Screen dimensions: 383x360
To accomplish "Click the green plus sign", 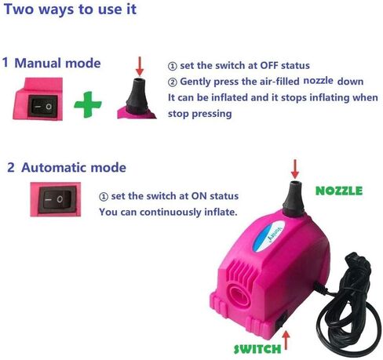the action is pos(88,104).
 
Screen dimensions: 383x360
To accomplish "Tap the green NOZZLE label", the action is pos(339,191).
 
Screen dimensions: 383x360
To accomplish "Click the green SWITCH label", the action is pos(257,349).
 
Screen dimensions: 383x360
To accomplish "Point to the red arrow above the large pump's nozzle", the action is pos(295,169).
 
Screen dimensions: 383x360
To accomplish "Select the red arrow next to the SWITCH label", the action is pos(286,340).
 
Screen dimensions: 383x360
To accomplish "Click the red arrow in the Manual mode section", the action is pos(140,66).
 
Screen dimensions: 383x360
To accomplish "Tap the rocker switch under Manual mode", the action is pos(43,106).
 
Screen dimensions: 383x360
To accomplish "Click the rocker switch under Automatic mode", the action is pos(57,200).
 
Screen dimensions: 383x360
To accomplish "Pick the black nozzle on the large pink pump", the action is pos(294,198).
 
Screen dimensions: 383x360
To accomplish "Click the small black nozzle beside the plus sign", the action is pos(137,95).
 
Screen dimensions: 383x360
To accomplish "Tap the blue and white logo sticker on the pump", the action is pos(268,236).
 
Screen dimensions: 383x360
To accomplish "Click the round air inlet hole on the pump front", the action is pos(239,295).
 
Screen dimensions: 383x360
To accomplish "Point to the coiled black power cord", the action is pos(348,304).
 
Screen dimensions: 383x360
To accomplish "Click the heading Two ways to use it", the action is pos(70,9).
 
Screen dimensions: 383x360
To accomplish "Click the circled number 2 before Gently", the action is pos(172,82).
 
